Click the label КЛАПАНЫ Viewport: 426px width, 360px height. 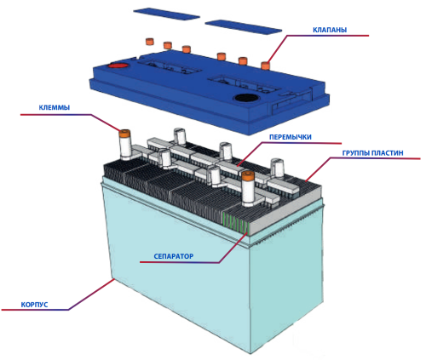[x=330, y=30]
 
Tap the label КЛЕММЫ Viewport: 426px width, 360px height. [x=55, y=108]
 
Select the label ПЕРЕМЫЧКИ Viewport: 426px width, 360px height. [x=291, y=137]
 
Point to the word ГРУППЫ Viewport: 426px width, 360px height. [x=355, y=153]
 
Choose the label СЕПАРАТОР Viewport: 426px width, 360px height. [x=174, y=256]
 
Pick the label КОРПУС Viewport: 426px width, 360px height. [x=34, y=305]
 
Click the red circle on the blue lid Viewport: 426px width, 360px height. [x=118, y=66]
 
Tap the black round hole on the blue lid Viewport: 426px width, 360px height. [x=246, y=98]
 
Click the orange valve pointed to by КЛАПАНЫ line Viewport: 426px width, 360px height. [x=265, y=66]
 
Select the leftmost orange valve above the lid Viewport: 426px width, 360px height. [x=149, y=42]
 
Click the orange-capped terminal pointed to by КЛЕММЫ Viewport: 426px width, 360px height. [x=124, y=144]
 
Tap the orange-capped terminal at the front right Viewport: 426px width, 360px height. [x=248, y=189]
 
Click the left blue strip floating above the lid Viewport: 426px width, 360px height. [x=166, y=14]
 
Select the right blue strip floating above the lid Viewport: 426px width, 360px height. [x=244, y=26]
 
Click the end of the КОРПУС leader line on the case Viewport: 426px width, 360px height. [x=114, y=279]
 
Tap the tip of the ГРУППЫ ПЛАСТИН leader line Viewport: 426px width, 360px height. [x=306, y=180]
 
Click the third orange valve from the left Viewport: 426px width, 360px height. [x=187, y=49]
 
